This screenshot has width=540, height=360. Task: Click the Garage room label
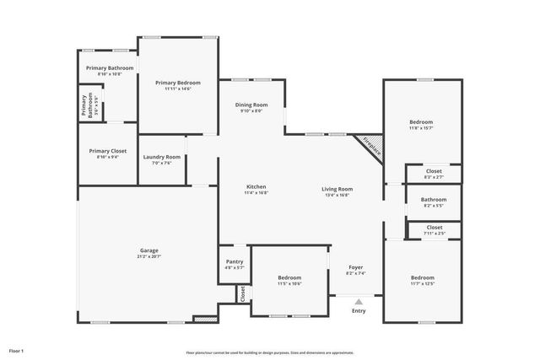148,250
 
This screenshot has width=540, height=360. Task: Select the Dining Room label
251,105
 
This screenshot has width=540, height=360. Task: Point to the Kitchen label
256,186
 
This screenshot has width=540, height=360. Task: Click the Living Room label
337,189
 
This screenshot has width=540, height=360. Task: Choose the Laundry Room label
161,157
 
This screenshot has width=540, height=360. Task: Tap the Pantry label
234,261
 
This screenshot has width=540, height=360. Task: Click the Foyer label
355,269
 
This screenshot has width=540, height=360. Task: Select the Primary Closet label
108,151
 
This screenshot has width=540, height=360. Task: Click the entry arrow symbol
359,301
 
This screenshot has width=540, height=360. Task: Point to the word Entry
359,310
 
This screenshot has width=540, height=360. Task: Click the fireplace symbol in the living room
372,147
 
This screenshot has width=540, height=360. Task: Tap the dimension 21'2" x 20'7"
148,255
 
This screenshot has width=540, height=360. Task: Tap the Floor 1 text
16,350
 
